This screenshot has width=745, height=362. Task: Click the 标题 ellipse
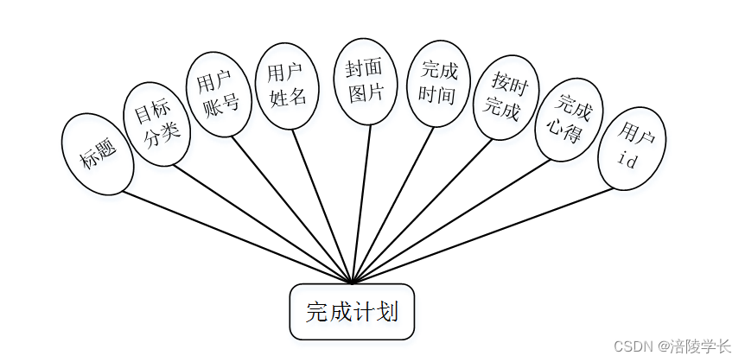[x=98, y=154]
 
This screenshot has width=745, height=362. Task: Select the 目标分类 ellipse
[x=157, y=124]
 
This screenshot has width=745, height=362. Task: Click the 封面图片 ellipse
[x=366, y=82]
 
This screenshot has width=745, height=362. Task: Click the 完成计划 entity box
[x=352, y=311]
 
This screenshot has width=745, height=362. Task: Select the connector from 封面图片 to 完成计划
[x=362, y=200]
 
